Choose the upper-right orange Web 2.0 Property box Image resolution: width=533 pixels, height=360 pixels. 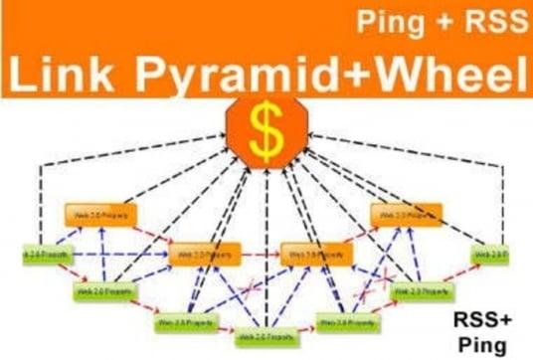402,215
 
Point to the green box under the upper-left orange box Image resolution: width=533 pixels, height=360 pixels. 101,292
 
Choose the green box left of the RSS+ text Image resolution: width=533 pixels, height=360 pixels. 420,292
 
